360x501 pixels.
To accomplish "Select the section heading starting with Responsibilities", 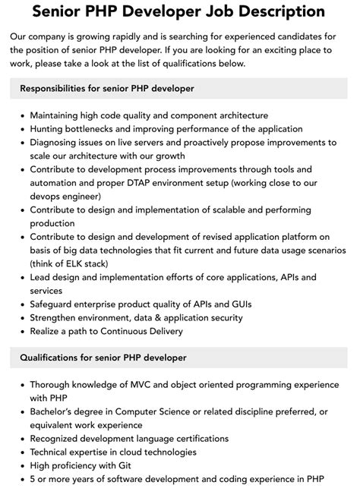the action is pyautogui.click(x=107, y=89).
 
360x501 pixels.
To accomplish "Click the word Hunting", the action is pyautogui.click(x=49, y=129).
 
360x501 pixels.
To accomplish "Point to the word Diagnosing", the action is pyautogui.click(x=57, y=143).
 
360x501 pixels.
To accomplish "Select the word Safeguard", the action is pyautogui.click(x=55, y=304).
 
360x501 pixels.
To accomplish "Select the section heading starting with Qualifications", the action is pyautogui.click(x=103, y=358).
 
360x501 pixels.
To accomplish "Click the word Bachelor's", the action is pyautogui.click(x=57, y=411).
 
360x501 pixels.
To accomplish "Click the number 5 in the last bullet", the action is pyautogui.click(x=33, y=479).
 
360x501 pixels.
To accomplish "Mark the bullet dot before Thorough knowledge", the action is pyautogui.click(x=19, y=385).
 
